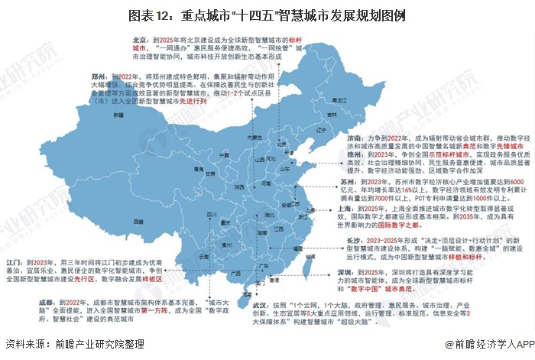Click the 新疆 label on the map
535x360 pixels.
coord(118,115)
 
